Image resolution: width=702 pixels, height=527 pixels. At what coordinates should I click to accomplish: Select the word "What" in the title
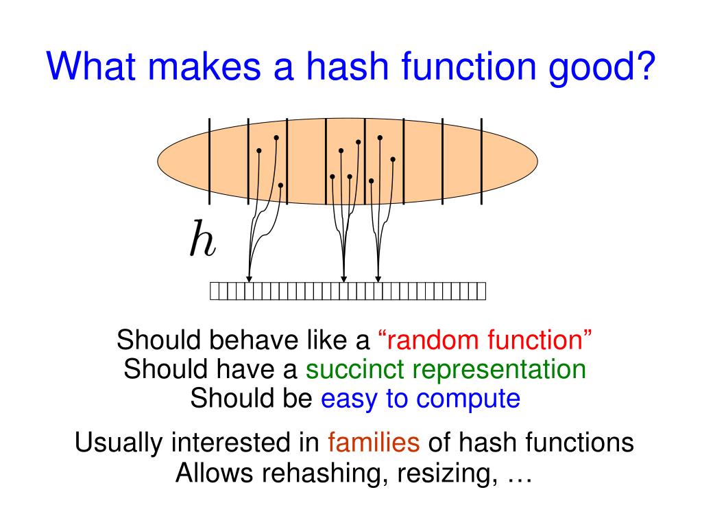pos(90,66)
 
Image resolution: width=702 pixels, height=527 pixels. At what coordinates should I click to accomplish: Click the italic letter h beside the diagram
pos(202,238)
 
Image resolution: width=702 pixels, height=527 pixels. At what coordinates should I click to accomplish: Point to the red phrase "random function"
pos(485,340)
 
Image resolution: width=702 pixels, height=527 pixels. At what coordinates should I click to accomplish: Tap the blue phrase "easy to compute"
pos(420,399)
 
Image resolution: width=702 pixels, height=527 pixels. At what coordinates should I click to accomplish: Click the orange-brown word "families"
pos(374,442)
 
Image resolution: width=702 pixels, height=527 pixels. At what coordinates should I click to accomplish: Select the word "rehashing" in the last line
pos(319,473)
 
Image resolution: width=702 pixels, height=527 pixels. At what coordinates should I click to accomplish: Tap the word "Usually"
pos(119,443)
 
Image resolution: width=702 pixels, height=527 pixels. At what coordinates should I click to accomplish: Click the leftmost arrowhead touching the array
pos(250,279)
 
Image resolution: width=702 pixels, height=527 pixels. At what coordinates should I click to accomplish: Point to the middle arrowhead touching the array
pos(344,279)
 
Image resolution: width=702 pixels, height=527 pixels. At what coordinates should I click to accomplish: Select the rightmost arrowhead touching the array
pos(378,279)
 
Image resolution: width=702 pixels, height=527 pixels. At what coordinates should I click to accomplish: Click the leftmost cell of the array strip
pos(215,291)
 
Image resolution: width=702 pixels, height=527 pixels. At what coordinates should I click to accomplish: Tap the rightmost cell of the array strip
pos(481,291)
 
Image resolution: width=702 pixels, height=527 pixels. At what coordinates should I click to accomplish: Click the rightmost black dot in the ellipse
pos(393,159)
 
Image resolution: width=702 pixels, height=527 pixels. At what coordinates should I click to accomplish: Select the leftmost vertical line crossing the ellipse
pos(210,161)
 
